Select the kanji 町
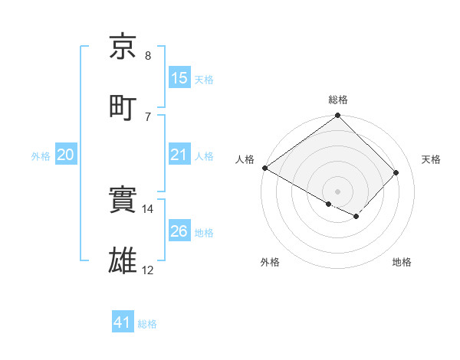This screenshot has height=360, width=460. pos(124,106)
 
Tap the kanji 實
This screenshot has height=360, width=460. pos(124,201)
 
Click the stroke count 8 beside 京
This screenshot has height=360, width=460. pos(148,56)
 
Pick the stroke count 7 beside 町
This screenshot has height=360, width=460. pos(148,116)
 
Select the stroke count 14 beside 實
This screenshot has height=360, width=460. pos(148,209)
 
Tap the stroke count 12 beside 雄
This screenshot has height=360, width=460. pos(148,270)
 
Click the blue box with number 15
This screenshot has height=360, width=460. pos(179,78)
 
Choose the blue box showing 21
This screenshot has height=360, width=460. pos(179,155)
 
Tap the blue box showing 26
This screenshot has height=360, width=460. pos(179,231)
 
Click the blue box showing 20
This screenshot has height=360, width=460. pos(65,155)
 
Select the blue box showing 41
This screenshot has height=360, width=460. pos(123,323)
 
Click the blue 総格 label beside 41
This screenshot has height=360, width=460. pos(147,324)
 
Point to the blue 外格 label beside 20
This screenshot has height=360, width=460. pos(41,155)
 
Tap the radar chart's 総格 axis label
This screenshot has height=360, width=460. pos(338,100)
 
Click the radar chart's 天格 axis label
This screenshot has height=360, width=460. pos(432,159)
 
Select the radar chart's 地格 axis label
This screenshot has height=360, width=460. pos(402,262)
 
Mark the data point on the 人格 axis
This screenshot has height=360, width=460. pos(265,168)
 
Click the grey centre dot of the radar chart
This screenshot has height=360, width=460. pos(338,191)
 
